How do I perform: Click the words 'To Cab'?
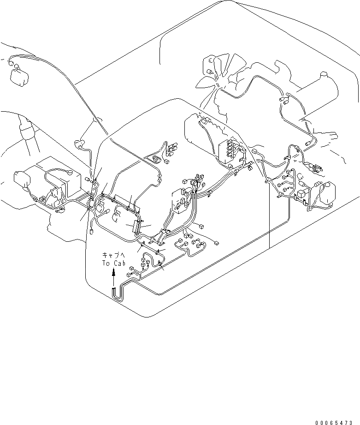[x=113, y=263]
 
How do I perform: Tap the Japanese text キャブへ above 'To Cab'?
[x=113, y=255]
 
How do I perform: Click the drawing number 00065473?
[x=337, y=422]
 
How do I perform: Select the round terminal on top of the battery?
[x=70, y=172]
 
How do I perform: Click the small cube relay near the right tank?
[x=304, y=195]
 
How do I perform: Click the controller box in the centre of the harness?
[x=180, y=198]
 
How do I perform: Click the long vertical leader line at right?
[x=269, y=221]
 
